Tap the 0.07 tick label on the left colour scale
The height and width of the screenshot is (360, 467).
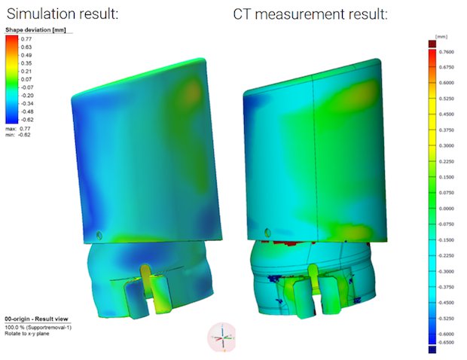(26, 78)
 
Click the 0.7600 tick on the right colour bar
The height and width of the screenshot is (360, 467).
(447, 52)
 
